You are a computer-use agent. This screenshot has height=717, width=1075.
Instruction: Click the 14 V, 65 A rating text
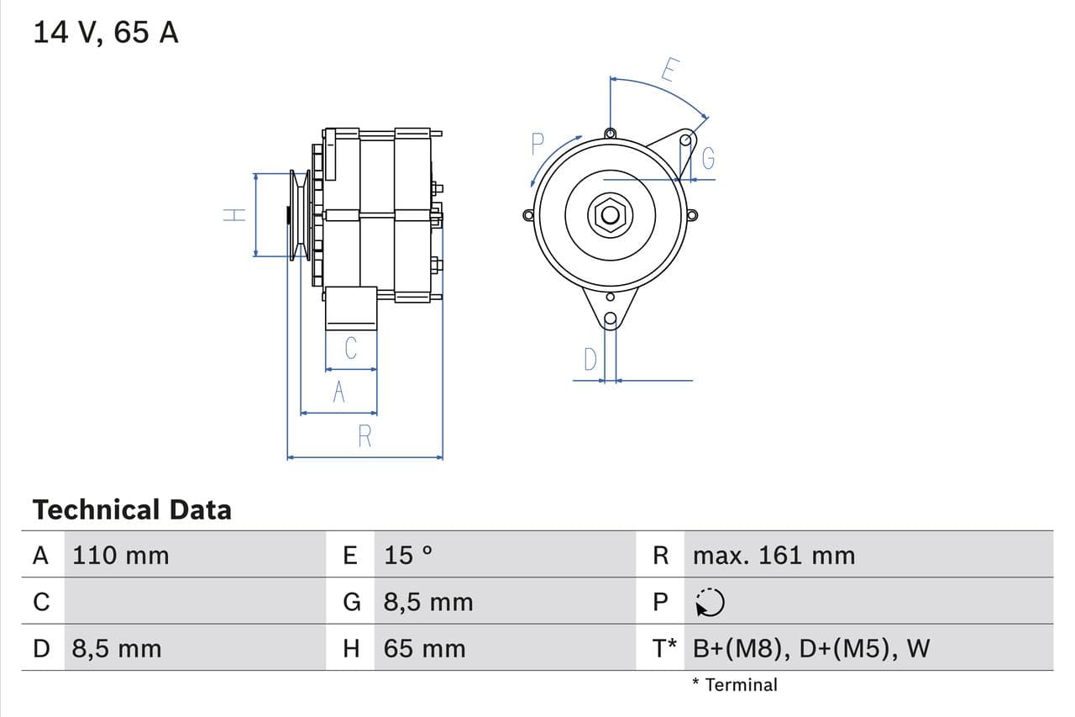105,33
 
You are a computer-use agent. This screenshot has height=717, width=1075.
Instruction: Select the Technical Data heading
132,509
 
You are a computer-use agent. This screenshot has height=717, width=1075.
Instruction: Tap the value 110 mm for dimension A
120,556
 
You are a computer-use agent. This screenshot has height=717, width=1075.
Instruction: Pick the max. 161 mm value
773,556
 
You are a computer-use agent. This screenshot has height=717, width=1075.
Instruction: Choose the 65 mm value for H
424,649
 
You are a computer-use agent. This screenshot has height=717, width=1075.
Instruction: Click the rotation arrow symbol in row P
710,602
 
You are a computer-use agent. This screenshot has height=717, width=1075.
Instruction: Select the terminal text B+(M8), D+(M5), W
811,649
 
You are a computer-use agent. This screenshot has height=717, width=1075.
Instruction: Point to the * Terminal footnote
735,685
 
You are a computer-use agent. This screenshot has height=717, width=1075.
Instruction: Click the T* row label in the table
664,649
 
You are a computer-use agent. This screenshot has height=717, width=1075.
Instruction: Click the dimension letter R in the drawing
364,437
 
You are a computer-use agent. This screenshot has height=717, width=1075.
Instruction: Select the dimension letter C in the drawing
351,348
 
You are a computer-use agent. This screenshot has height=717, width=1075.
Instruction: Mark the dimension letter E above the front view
669,70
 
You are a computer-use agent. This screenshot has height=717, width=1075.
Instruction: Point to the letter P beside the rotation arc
537,145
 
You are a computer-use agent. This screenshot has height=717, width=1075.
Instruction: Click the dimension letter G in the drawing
708,158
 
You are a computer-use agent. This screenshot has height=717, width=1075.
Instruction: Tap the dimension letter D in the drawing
590,360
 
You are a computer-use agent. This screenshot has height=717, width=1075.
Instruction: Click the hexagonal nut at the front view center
611,216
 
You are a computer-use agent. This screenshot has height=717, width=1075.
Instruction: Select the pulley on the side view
298,215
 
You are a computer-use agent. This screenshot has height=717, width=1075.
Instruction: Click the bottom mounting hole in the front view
611,319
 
